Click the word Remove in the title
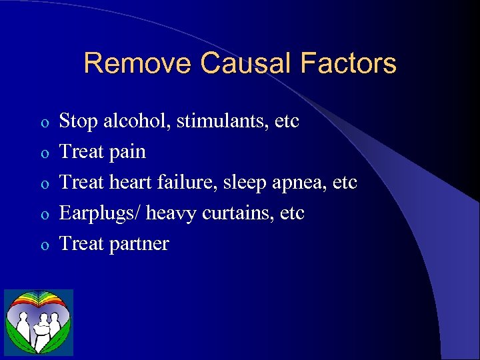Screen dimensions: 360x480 coord(138,64)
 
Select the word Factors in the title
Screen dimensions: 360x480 coord(348,64)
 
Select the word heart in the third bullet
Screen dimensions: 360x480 coord(128,183)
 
